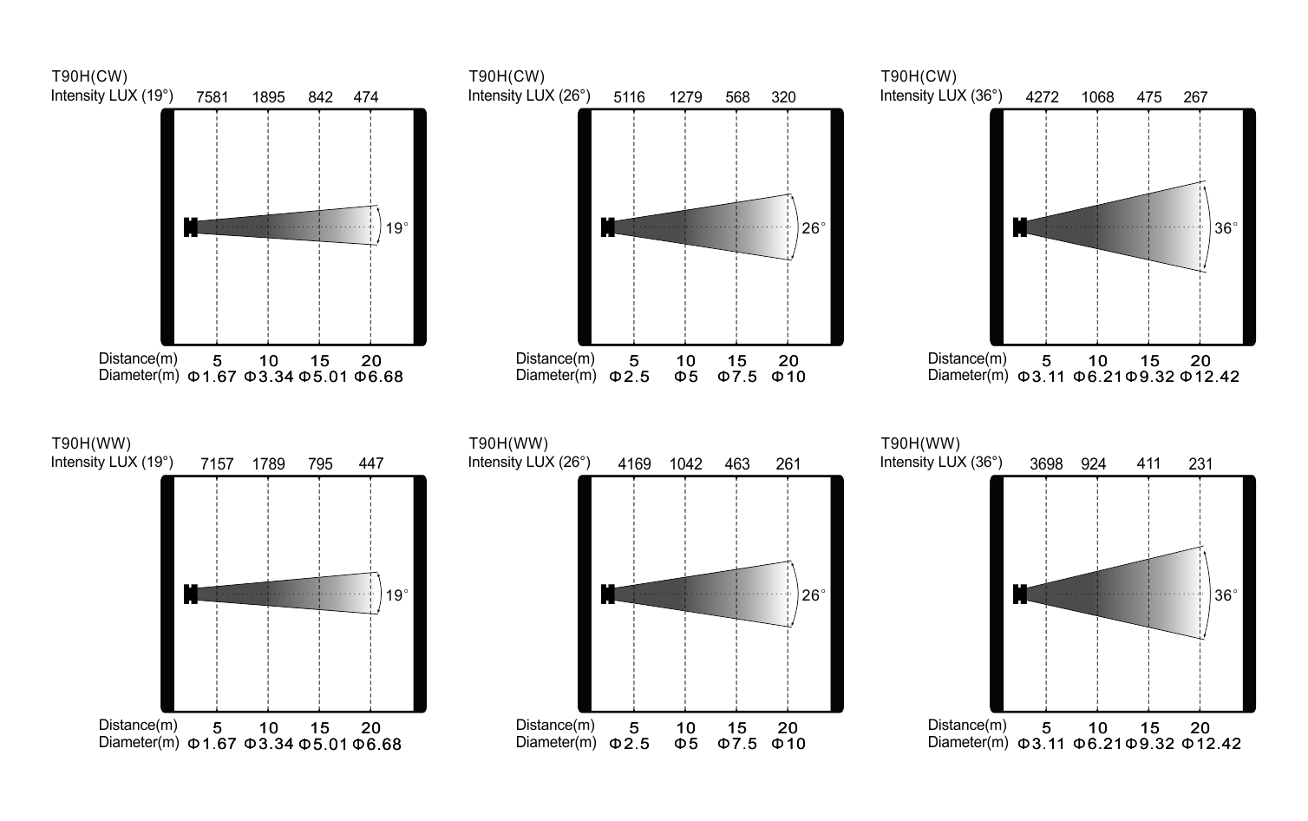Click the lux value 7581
pyautogui.click(x=213, y=97)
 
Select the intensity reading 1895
pyautogui.click(x=268, y=97)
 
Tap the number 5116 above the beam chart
pyautogui.click(x=629, y=97)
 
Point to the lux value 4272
pyautogui.click(x=1042, y=97)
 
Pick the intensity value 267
pyautogui.click(x=1195, y=97)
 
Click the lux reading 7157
pyautogui.click(x=217, y=464)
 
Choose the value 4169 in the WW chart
pyautogui.click(x=634, y=464)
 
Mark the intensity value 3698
pyautogui.click(x=1046, y=464)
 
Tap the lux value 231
pyautogui.click(x=1200, y=464)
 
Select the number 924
pyautogui.click(x=1094, y=464)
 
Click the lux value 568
pyautogui.click(x=737, y=97)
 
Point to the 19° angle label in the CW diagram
pyautogui.click(x=396, y=228)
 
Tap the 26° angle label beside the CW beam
pyautogui.click(x=814, y=228)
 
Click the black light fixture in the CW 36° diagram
pyautogui.click(x=1020, y=227)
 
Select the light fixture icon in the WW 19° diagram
pyautogui.click(x=191, y=594)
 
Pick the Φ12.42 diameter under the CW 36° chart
pyautogui.click(x=1210, y=377)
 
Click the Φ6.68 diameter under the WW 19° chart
pyautogui.click(x=377, y=744)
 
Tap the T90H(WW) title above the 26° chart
pyautogui.click(x=508, y=444)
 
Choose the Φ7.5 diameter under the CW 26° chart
pyautogui.click(x=737, y=377)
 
